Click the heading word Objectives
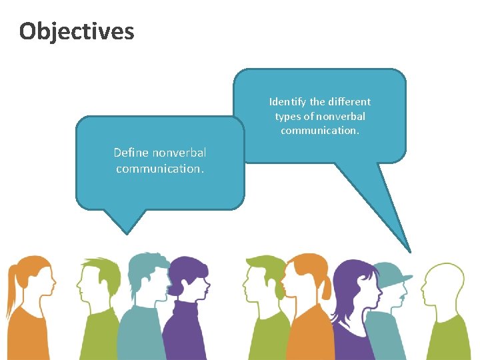(x=77, y=31)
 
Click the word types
(x=288, y=117)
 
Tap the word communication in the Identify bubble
(x=320, y=131)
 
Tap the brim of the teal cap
(x=405, y=277)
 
